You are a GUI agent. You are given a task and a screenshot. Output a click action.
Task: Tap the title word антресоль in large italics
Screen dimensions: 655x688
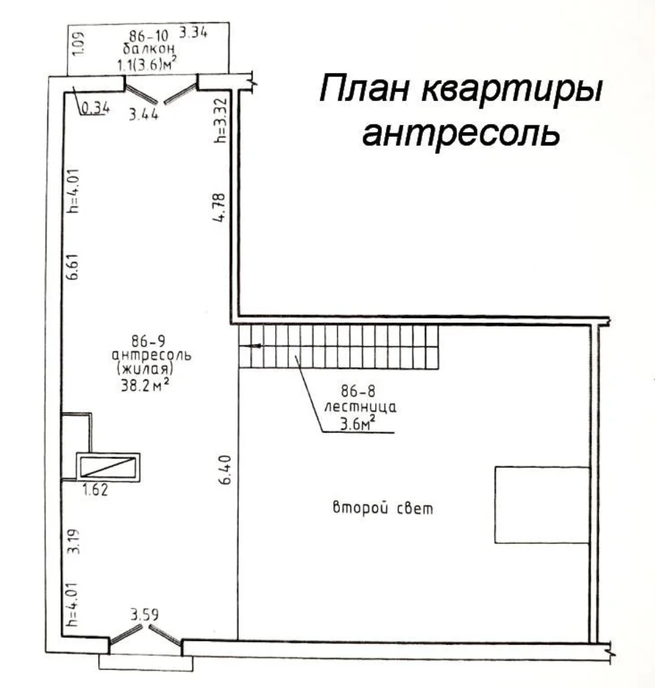tap(461, 131)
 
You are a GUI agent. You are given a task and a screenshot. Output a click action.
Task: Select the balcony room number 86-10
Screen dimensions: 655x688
tap(149, 35)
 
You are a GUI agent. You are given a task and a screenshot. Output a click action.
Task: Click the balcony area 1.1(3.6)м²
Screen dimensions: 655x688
tap(147, 64)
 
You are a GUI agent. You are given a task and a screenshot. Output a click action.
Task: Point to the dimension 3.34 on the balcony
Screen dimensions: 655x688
tap(194, 32)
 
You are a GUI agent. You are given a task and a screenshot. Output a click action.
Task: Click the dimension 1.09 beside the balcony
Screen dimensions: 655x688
tap(78, 44)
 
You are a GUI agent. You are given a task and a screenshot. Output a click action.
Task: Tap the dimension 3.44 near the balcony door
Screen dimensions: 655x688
tap(143, 114)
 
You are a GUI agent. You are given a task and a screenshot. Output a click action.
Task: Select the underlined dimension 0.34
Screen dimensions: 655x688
tap(95, 108)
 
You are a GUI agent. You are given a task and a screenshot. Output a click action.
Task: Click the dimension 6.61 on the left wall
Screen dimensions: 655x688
tap(72, 266)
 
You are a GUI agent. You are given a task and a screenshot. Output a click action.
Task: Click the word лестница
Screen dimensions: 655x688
tap(361, 407)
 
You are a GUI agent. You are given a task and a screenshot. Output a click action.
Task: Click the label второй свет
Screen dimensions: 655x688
tap(383, 508)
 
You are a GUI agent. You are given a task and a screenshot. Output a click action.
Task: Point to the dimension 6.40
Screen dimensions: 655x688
tap(225, 469)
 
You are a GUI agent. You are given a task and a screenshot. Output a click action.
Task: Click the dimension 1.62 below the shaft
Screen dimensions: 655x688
tap(95, 489)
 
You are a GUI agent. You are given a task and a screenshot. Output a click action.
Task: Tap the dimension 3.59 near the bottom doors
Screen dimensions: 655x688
tap(144, 614)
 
